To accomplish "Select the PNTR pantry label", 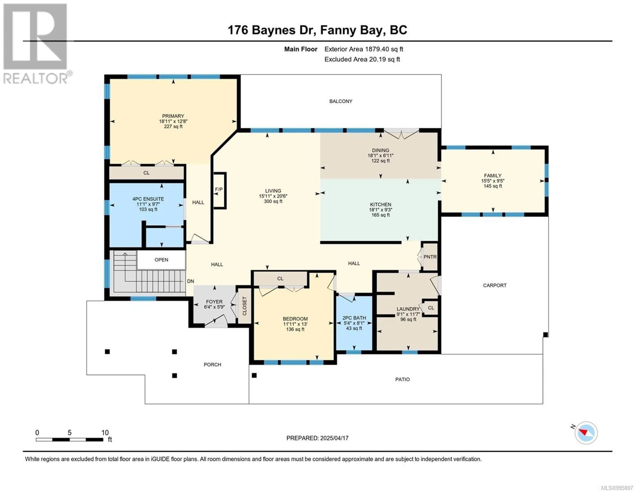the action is pos(430,257).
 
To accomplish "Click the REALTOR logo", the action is pos(36,44).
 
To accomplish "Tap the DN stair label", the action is pos(190,281).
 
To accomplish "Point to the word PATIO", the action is pos(402,379).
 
